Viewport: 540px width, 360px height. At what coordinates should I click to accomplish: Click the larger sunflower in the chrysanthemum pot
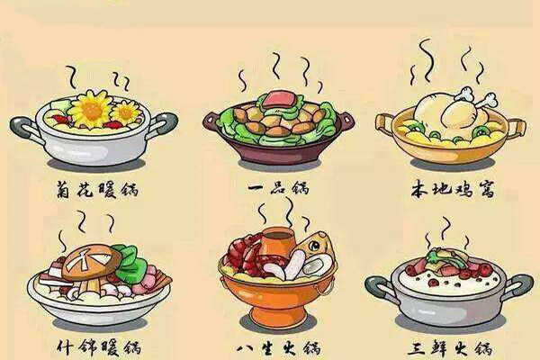pos(91,110)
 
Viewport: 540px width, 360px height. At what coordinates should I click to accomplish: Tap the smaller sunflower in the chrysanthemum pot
pos(125,112)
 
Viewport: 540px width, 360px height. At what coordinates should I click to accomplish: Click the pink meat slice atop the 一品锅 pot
pos(278,98)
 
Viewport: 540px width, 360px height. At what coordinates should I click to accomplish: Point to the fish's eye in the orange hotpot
pos(314,246)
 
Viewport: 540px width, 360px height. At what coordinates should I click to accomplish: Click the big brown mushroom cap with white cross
pos(91,262)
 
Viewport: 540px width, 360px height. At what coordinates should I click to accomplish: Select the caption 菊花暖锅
pos(97,190)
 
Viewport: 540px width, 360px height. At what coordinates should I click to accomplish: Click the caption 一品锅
pos(278,188)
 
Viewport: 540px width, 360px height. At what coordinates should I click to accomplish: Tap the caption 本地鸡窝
pos(453,190)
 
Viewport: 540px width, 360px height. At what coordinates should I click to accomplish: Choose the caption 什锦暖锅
pos(99,347)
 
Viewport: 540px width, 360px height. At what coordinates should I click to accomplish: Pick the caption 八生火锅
pos(278,348)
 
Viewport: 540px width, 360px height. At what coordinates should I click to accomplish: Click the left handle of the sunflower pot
pos(24,128)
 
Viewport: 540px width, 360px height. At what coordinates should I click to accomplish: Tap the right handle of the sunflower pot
pos(163,124)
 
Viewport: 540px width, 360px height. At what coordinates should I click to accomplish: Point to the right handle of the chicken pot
pos(516,128)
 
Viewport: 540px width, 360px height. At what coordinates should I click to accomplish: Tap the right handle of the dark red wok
pos(346,121)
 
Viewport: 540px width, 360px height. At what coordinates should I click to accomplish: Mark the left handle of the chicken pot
pos(385,125)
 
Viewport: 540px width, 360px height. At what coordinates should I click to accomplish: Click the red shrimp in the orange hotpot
pos(245,253)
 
